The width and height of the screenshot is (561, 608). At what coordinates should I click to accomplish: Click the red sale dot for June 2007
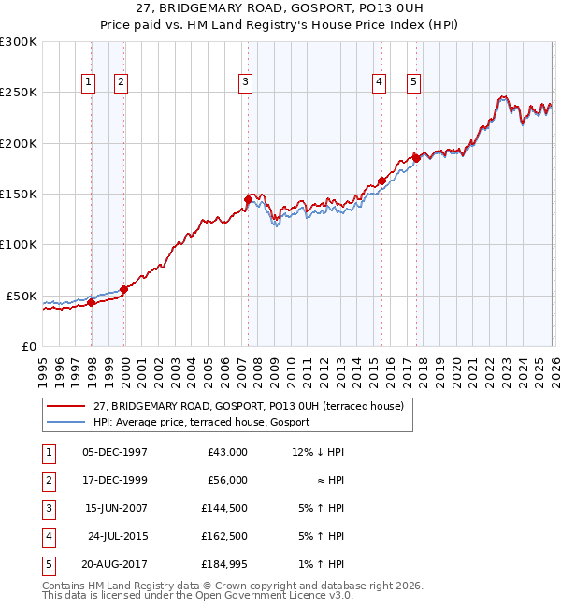point(248,199)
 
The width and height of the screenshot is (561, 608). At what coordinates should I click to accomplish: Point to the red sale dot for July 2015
point(381,181)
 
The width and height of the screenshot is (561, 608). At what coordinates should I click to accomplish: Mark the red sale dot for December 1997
point(91,302)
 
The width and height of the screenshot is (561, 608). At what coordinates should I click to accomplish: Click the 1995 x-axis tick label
point(42,365)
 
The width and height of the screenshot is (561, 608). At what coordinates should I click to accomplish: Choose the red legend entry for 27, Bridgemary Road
point(248,406)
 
